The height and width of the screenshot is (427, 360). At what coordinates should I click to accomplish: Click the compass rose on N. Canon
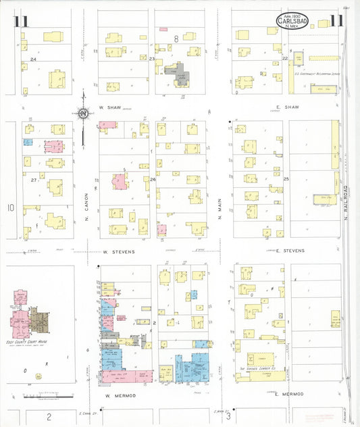pos(83,114)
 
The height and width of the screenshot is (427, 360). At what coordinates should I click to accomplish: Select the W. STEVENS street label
pos(119,251)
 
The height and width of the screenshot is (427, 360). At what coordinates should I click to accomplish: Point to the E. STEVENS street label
pos(289,251)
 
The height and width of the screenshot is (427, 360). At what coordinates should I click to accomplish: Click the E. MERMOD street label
pos(288,393)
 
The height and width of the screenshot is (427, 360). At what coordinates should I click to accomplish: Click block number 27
pos(33,180)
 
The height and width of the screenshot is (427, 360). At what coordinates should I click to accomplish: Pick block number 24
pos(32,59)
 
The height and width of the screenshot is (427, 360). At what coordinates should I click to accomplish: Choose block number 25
pos(286,178)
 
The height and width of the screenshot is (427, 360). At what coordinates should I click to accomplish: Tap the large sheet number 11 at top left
pos(20,22)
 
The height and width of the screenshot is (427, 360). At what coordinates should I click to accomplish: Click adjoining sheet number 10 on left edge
pos(10,207)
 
